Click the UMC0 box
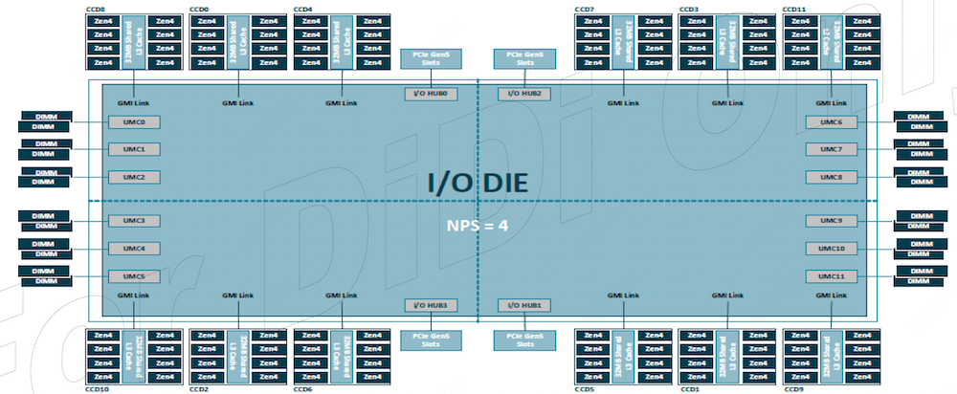coord(133,122)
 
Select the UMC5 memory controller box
coord(133,276)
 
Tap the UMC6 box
coord(824,122)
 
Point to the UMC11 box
coord(824,276)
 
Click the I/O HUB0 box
coord(431,94)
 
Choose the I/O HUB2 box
coord(525,94)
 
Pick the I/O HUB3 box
coord(431,305)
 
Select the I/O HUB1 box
coord(525,305)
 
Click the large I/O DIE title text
coord(478,182)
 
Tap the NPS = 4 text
coord(478,227)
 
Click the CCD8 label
coord(96,9)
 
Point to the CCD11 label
coord(794,9)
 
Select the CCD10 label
coord(98,389)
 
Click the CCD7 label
coord(584,9)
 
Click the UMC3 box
coord(133,221)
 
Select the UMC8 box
coord(824,177)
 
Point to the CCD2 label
coord(199,389)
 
